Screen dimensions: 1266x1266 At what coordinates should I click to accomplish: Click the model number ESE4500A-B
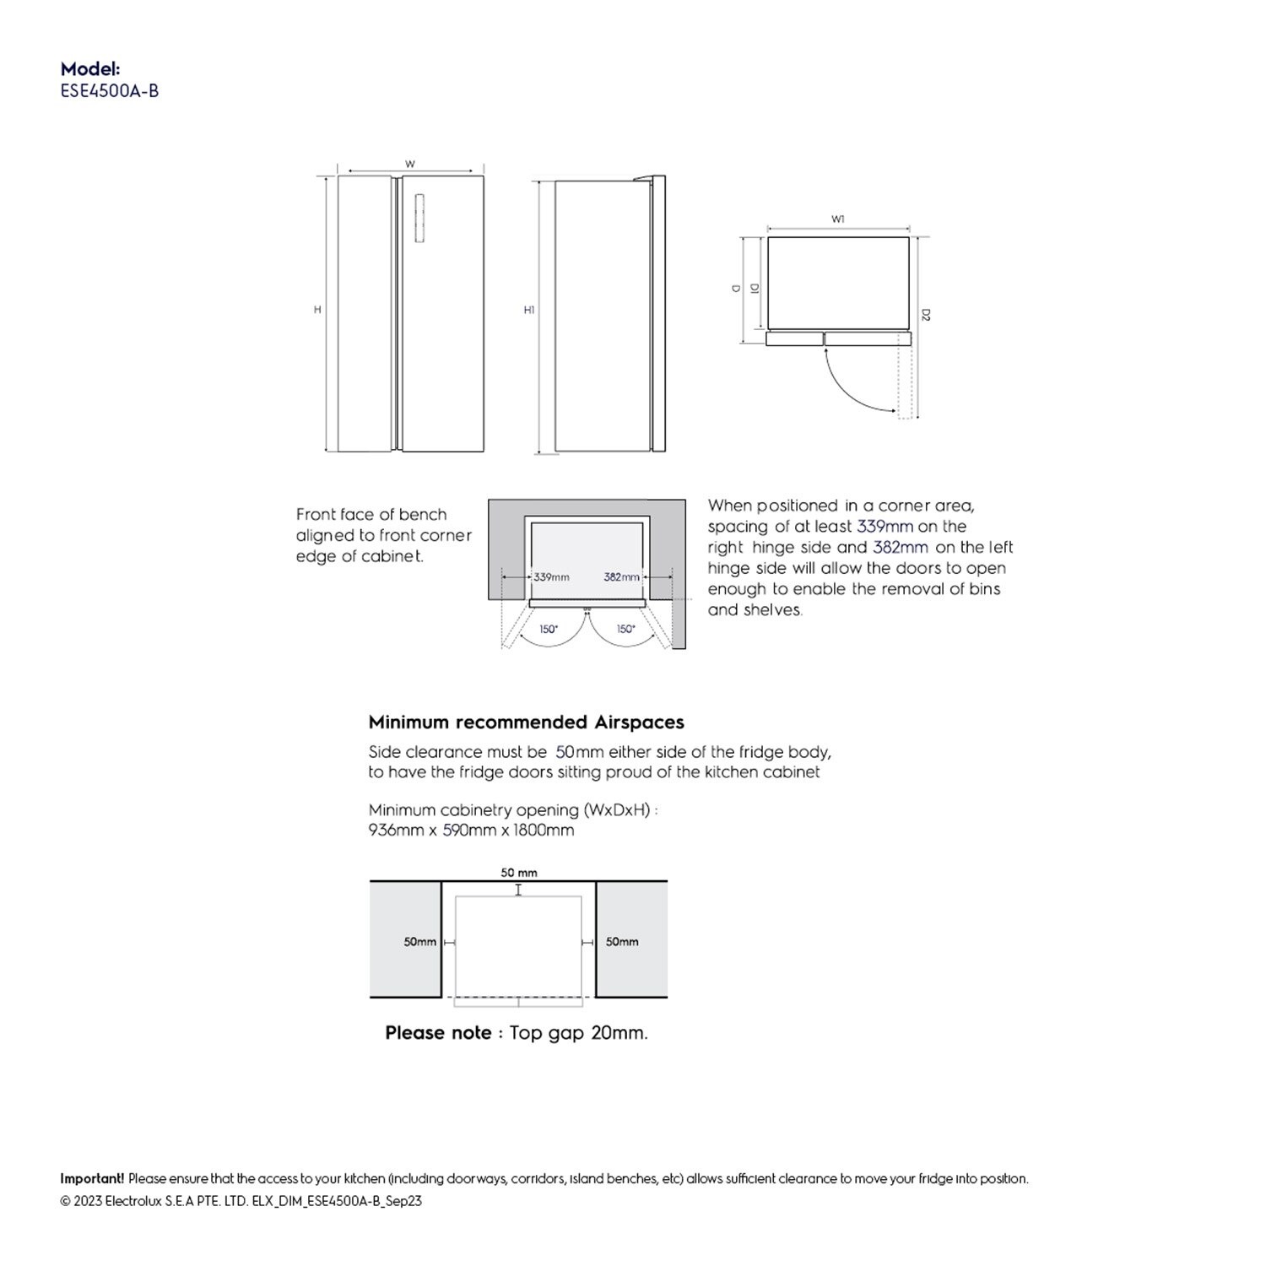tap(110, 91)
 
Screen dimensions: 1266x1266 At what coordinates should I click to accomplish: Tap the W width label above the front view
tap(410, 165)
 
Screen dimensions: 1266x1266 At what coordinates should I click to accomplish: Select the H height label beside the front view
tap(318, 310)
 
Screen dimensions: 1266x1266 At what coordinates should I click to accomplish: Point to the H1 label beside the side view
tap(529, 310)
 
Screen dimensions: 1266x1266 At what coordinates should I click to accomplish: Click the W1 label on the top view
tap(838, 219)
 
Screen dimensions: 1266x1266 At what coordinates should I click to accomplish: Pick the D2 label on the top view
tap(926, 316)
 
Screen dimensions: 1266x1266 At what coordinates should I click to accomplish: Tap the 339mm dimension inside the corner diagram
tap(551, 577)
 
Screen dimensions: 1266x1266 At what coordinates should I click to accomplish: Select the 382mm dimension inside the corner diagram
tap(622, 577)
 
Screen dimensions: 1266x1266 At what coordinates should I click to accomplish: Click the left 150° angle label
tap(549, 630)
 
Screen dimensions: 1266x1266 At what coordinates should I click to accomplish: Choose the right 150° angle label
tap(625, 630)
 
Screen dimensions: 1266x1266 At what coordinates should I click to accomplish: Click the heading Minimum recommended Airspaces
tap(526, 722)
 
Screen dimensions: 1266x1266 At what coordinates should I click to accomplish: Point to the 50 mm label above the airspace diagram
tap(519, 873)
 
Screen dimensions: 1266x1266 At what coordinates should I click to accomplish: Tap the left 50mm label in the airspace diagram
tap(420, 942)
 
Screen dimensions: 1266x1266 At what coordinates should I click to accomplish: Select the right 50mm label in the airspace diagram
tap(622, 942)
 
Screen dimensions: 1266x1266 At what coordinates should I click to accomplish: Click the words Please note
tap(438, 1033)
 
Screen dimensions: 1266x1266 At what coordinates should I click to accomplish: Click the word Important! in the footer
tap(92, 1179)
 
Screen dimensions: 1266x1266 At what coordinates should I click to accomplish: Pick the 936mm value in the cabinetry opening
tap(394, 830)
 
